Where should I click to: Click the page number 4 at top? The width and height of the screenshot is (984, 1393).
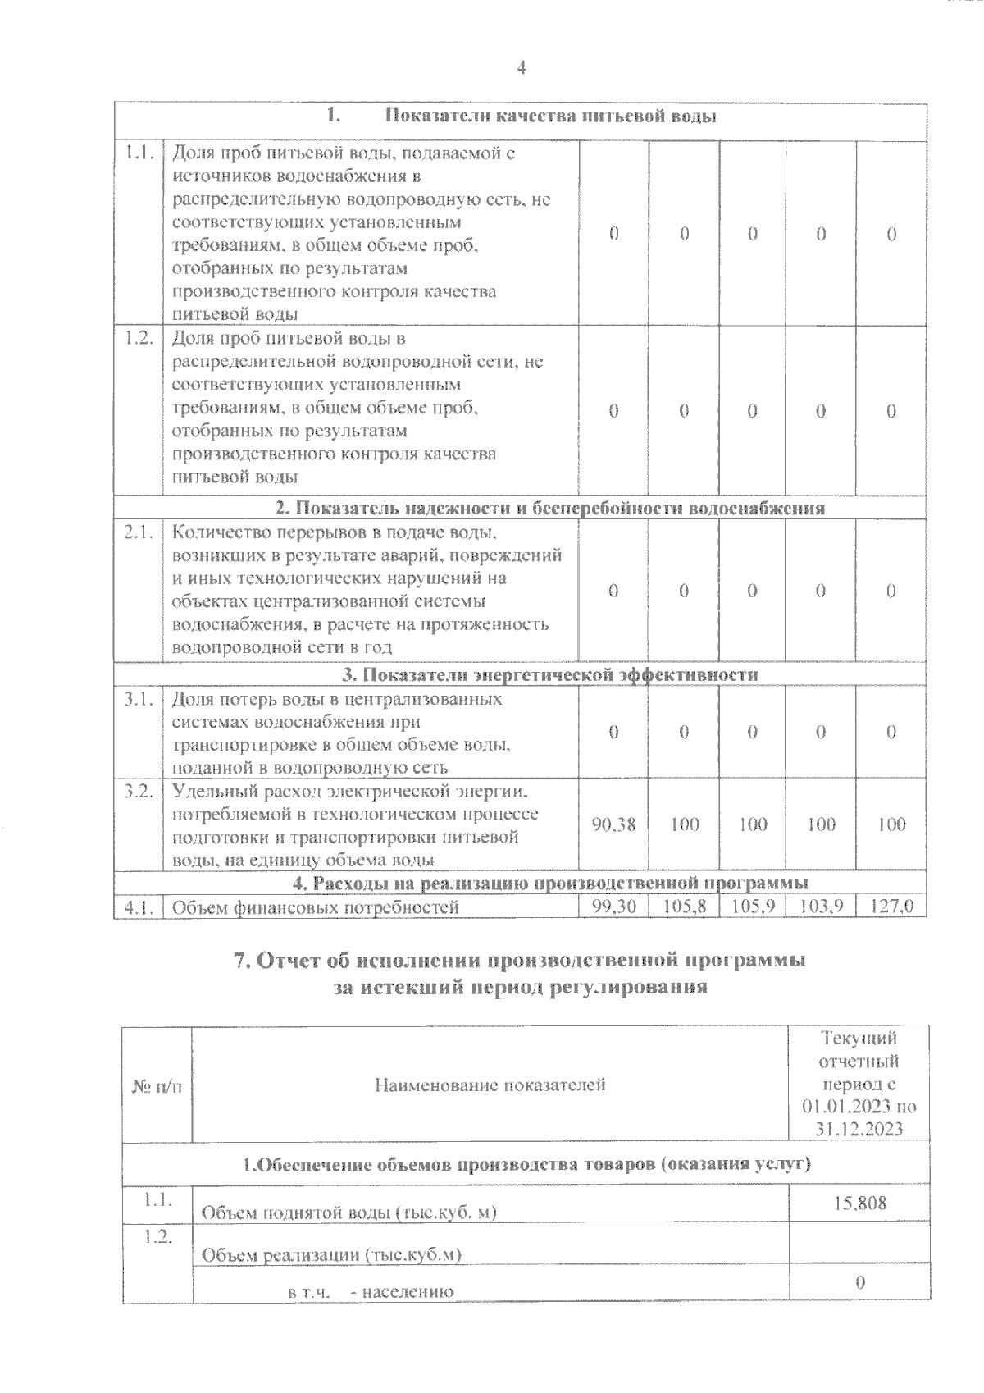point(522,67)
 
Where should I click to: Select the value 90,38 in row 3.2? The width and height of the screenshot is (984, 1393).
point(613,824)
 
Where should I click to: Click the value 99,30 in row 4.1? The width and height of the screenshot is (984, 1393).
point(613,907)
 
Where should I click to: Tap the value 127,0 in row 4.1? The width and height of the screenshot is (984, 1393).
point(891,907)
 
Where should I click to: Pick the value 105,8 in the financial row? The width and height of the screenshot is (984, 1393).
point(683,907)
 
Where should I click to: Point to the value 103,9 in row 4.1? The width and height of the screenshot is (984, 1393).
point(821,907)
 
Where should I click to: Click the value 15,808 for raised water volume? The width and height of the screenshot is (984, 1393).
point(859,1203)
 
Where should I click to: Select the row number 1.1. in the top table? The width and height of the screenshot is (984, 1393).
point(139,153)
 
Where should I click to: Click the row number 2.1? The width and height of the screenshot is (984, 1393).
point(139,532)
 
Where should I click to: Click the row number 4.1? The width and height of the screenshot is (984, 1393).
point(139,907)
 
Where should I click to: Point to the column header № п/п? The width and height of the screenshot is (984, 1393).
point(157,1085)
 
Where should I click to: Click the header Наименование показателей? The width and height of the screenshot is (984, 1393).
point(490,1085)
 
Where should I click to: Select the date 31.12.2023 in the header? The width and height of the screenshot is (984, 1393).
point(859,1129)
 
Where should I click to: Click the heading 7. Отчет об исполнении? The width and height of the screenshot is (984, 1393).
point(521,961)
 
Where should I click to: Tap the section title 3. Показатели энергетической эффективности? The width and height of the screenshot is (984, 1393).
point(549,674)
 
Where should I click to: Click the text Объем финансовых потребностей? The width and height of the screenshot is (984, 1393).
point(316,907)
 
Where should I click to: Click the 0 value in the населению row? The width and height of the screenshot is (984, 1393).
point(859,1283)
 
